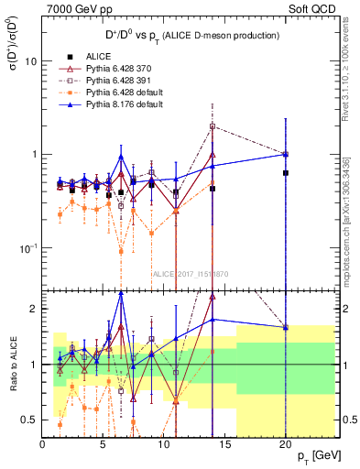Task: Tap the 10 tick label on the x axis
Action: [164, 445]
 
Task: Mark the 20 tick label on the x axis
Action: [286, 445]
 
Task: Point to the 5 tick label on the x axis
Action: [104, 445]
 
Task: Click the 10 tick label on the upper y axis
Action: [29, 61]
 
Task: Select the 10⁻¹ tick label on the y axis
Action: [27, 247]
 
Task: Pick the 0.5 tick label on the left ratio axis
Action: [29, 420]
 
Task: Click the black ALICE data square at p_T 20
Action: [286, 173]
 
